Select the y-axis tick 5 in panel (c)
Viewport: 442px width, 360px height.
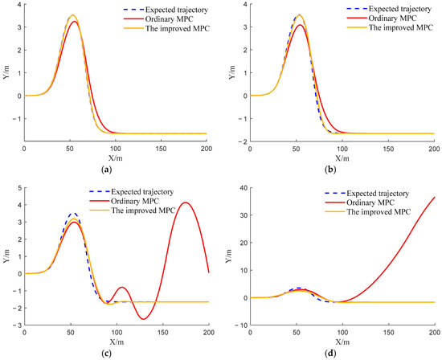click(18, 187)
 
